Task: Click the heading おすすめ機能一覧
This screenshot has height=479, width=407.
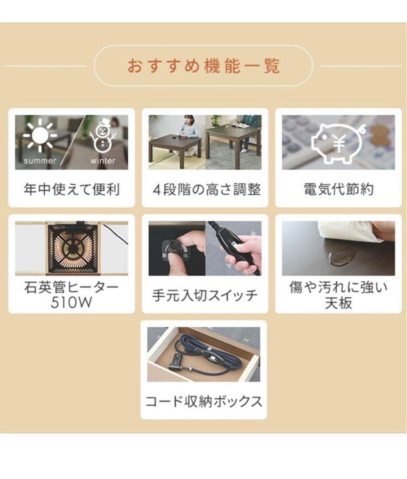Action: (204, 66)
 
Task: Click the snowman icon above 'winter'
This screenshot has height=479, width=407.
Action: (103, 136)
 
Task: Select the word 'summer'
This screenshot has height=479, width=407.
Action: (40, 161)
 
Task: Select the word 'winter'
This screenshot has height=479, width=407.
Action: (103, 161)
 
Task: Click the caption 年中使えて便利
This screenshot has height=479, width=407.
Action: (71, 190)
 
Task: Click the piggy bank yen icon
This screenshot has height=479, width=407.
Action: (338, 141)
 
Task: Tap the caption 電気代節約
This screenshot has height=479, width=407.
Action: (338, 190)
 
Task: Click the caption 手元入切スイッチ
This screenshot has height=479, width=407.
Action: (205, 295)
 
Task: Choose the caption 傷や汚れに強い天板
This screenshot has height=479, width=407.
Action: (338, 295)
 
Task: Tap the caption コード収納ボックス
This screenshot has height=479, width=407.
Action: (204, 402)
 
